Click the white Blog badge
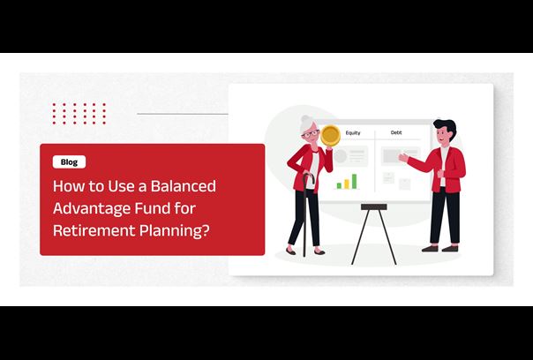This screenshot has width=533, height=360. pyautogui.click(x=69, y=161)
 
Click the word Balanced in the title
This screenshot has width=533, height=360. pyautogui.click(x=184, y=186)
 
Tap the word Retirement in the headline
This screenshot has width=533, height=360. pyautogui.click(x=94, y=230)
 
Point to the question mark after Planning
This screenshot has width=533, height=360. pyautogui.click(x=205, y=230)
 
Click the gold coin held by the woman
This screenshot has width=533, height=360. pyautogui.click(x=330, y=135)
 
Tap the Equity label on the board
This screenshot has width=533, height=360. pyautogui.click(x=353, y=132)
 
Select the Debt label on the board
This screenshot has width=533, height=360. pyautogui.click(x=396, y=132)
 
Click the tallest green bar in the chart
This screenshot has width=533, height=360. pyautogui.click(x=354, y=181)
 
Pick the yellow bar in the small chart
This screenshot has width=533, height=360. pyautogui.click(x=347, y=184)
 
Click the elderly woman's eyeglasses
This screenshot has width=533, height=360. pyautogui.click(x=310, y=133)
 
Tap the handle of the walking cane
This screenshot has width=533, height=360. pyautogui.click(x=308, y=177)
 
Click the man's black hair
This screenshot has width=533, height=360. pyautogui.click(x=447, y=126)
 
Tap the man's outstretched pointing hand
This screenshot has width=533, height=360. pyautogui.click(x=403, y=157)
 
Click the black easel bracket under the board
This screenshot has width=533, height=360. pyautogui.click(x=374, y=207)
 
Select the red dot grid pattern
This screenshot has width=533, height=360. pyautogui.click(x=79, y=114)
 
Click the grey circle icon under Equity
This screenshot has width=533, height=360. pyautogui.click(x=340, y=156)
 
